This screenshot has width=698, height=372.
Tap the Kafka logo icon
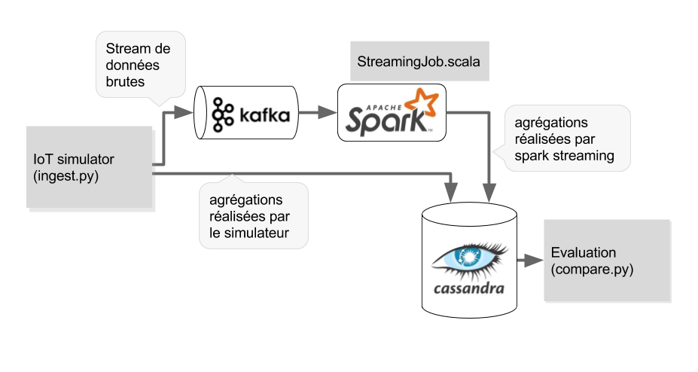[x=224, y=112]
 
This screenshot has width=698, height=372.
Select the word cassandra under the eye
[x=469, y=288]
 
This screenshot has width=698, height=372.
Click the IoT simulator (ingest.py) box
[x=90, y=166]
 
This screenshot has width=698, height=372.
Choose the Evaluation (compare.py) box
[x=606, y=260]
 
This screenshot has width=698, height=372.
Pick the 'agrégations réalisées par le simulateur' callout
[x=254, y=215]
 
